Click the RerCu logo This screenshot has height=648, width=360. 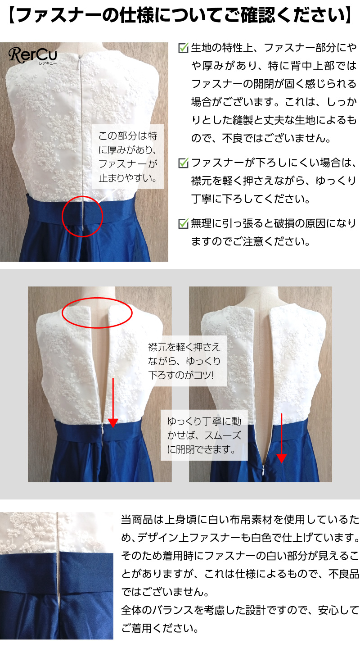(33, 56)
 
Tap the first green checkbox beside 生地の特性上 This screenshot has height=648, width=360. (183, 48)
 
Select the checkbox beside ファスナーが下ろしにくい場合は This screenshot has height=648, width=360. (183, 163)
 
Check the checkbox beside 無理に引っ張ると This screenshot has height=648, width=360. (183, 223)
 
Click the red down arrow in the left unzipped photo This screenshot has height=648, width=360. (113, 403)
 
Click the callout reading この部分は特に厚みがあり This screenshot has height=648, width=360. (128, 157)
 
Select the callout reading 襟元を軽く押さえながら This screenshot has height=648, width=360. (184, 361)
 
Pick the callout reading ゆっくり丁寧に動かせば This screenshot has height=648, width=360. (204, 435)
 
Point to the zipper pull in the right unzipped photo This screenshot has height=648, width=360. (263, 471)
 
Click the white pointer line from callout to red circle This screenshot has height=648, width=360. (108, 195)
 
